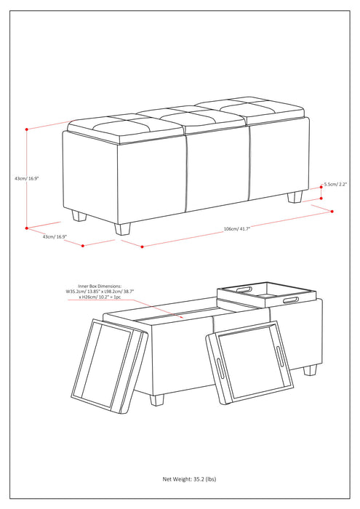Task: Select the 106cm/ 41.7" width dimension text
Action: [237, 229]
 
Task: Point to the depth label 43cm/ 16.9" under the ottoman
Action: [44, 236]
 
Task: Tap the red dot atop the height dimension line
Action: [27, 129]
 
